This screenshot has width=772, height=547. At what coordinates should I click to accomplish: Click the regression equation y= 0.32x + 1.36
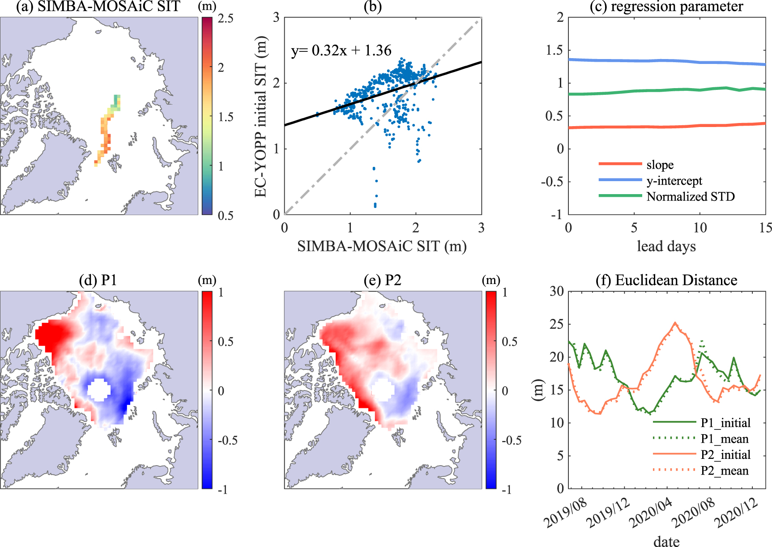click(x=341, y=51)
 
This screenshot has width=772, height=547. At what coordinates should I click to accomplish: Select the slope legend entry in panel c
click(x=660, y=165)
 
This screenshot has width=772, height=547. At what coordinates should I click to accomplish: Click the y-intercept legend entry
click(x=674, y=181)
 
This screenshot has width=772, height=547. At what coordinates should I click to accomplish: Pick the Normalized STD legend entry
click(x=690, y=196)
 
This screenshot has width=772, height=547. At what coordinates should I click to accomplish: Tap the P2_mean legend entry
click(x=724, y=471)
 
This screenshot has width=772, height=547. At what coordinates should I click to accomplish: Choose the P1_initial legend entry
click(x=725, y=423)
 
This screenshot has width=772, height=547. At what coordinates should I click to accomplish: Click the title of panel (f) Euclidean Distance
click(x=666, y=280)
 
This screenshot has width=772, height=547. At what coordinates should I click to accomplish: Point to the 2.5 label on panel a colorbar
click(x=225, y=18)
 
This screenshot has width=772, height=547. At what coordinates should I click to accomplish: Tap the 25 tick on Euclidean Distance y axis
click(x=556, y=324)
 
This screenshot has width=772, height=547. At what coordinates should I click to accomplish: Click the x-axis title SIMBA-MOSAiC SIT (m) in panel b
click(x=382, y=246)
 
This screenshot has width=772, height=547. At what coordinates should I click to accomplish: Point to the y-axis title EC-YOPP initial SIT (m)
click(x=260, y=116)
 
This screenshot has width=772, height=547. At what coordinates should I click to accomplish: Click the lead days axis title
click(x=666, y=246)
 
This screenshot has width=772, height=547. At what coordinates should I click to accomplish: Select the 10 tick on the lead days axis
click(x=700, y=228)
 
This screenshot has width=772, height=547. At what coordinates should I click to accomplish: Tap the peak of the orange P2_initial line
click(x=675, y=322)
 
